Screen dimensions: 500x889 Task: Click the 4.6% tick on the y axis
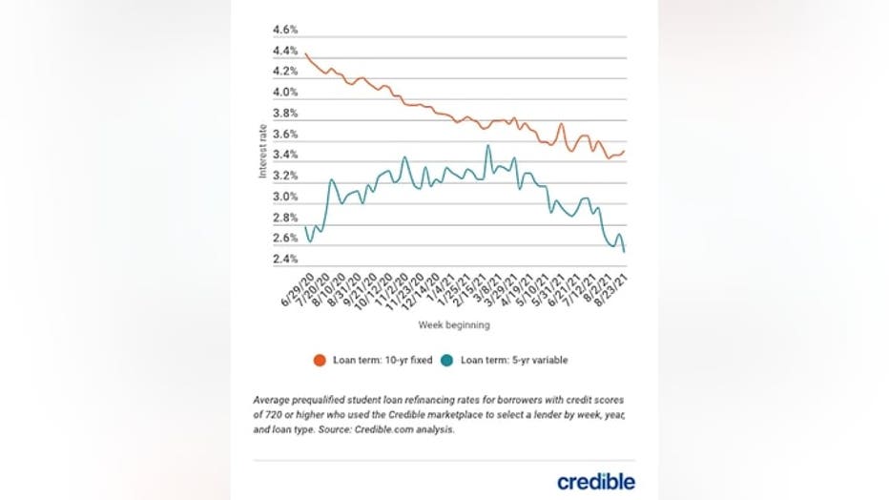[285, 30]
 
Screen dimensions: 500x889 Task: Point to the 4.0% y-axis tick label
[285, 93]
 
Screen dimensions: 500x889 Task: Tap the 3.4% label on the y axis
[285, 155]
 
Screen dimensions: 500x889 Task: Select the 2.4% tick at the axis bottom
[285, 260]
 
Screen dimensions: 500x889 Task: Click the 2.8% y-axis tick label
[285, 218]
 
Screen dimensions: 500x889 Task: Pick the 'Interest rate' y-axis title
[262, 154]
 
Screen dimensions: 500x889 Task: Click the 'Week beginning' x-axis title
[453, 325]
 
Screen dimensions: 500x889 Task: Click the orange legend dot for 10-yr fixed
[320, 360]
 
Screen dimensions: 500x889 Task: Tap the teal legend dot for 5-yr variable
[447, 360]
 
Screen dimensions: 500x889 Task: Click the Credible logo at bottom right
[595, 481]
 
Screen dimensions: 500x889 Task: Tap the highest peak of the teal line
[488, 146]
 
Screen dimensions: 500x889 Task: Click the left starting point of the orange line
[305, 53]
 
